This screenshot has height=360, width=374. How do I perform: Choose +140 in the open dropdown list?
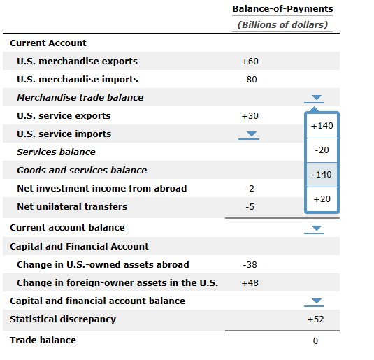coord(322,126)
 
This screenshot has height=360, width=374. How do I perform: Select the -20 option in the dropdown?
coord(322,150)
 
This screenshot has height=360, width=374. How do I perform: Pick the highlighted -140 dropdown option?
coord(322,175)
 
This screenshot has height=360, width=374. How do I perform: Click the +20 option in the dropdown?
coord(322,199)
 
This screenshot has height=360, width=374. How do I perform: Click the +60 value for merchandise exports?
coord(250,62)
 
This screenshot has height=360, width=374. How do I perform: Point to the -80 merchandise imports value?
coord(250,80)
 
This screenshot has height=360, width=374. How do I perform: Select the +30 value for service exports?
coord(250,116)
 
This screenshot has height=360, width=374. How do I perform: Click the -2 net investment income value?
coord(250,189)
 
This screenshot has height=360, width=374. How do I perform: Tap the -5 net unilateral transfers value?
coord(250,207)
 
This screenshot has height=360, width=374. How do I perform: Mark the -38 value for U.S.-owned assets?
coord(250,265)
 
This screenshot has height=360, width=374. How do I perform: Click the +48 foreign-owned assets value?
coord(250,283)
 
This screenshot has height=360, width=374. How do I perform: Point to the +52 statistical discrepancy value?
coord(315,319)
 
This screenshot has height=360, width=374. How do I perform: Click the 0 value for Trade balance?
coord(315,341)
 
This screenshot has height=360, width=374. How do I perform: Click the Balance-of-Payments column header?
coord(282,9)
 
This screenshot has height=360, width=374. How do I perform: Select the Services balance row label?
coord(56,152)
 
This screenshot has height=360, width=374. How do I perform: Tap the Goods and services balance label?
coord(82,171)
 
